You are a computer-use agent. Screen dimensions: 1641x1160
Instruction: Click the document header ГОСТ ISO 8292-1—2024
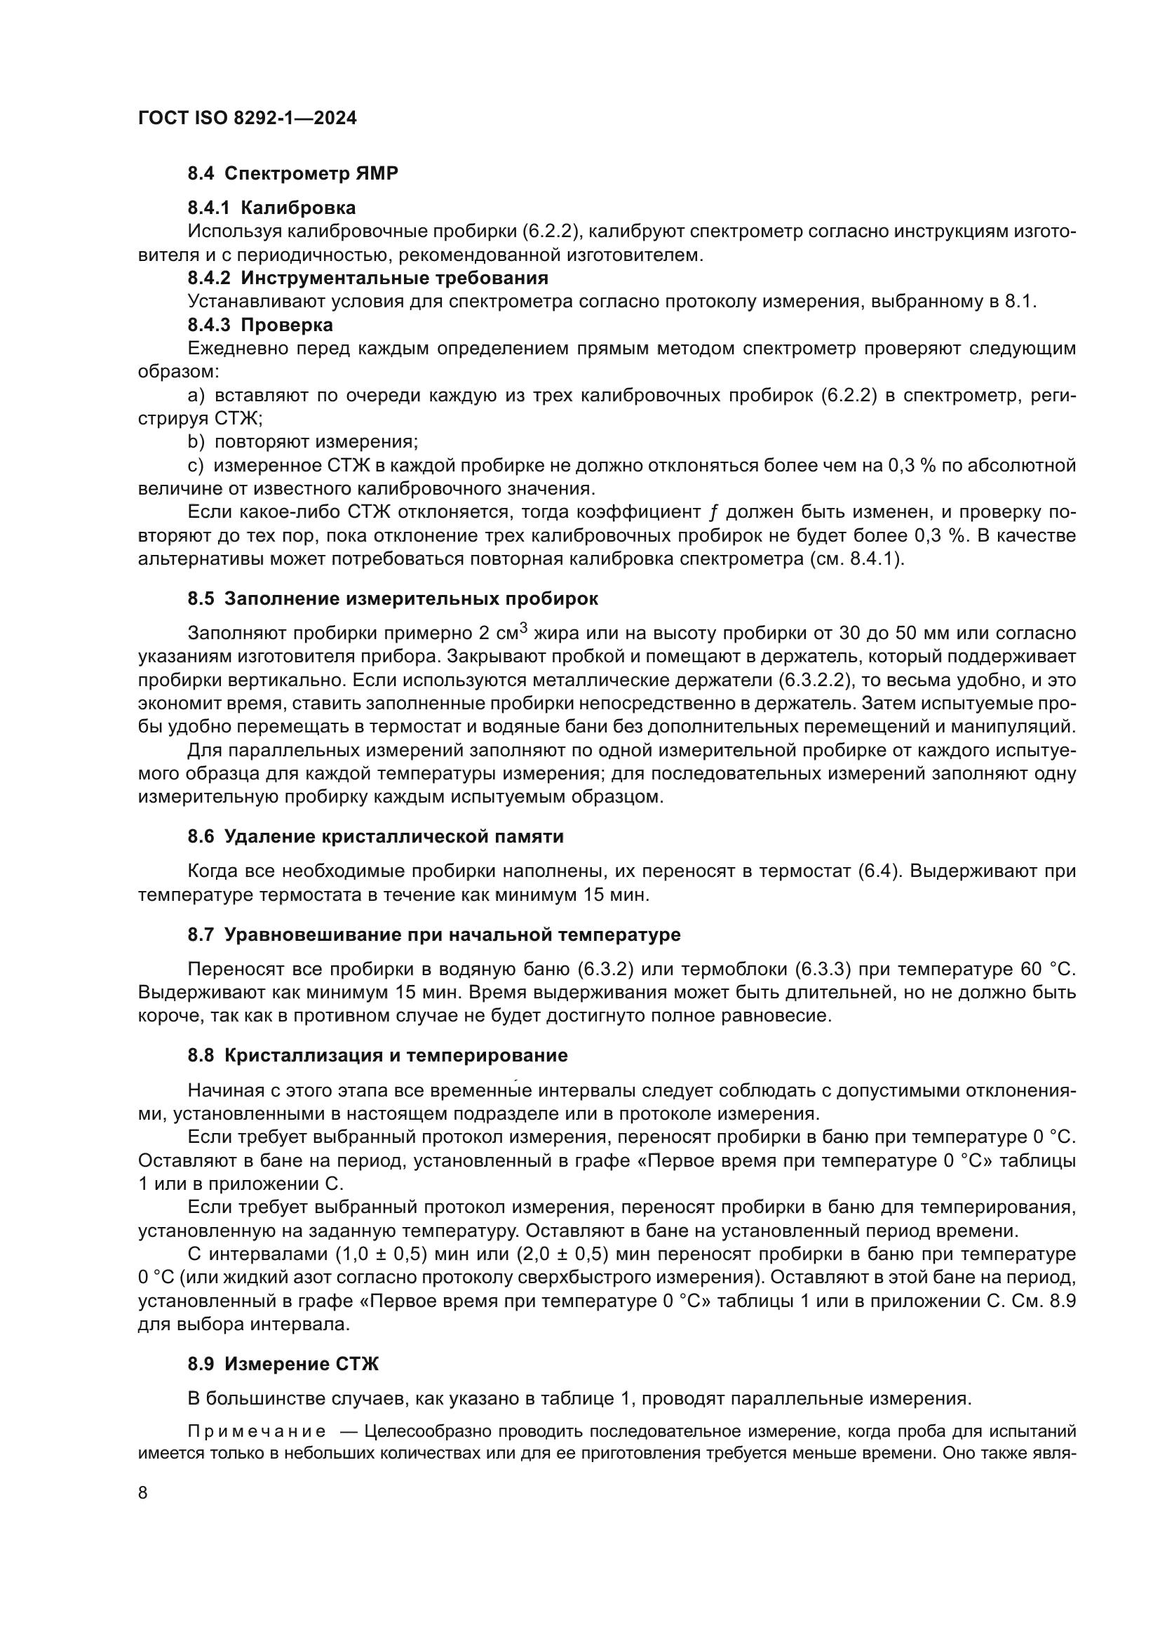tap(247, 118)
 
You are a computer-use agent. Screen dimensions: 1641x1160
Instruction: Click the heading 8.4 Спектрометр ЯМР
tap(293, 173)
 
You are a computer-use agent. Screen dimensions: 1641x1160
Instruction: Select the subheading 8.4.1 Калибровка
tap(271, 208)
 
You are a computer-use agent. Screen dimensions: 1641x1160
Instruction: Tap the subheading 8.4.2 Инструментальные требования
tap(368, 278)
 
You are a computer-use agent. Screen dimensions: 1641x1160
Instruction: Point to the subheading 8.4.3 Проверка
tap(260, 326)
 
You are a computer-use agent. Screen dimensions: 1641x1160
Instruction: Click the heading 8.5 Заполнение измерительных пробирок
tap(393, 598)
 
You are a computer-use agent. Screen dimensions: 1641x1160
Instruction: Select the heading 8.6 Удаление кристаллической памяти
tap(376, 836)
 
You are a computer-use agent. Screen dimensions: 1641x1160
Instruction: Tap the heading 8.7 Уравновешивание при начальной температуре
tap(433, 934)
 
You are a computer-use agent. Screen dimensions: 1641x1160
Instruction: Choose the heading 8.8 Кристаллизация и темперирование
tap(377, 1055)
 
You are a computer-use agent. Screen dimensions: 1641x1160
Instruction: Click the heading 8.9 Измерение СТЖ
tap(283, 1364)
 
